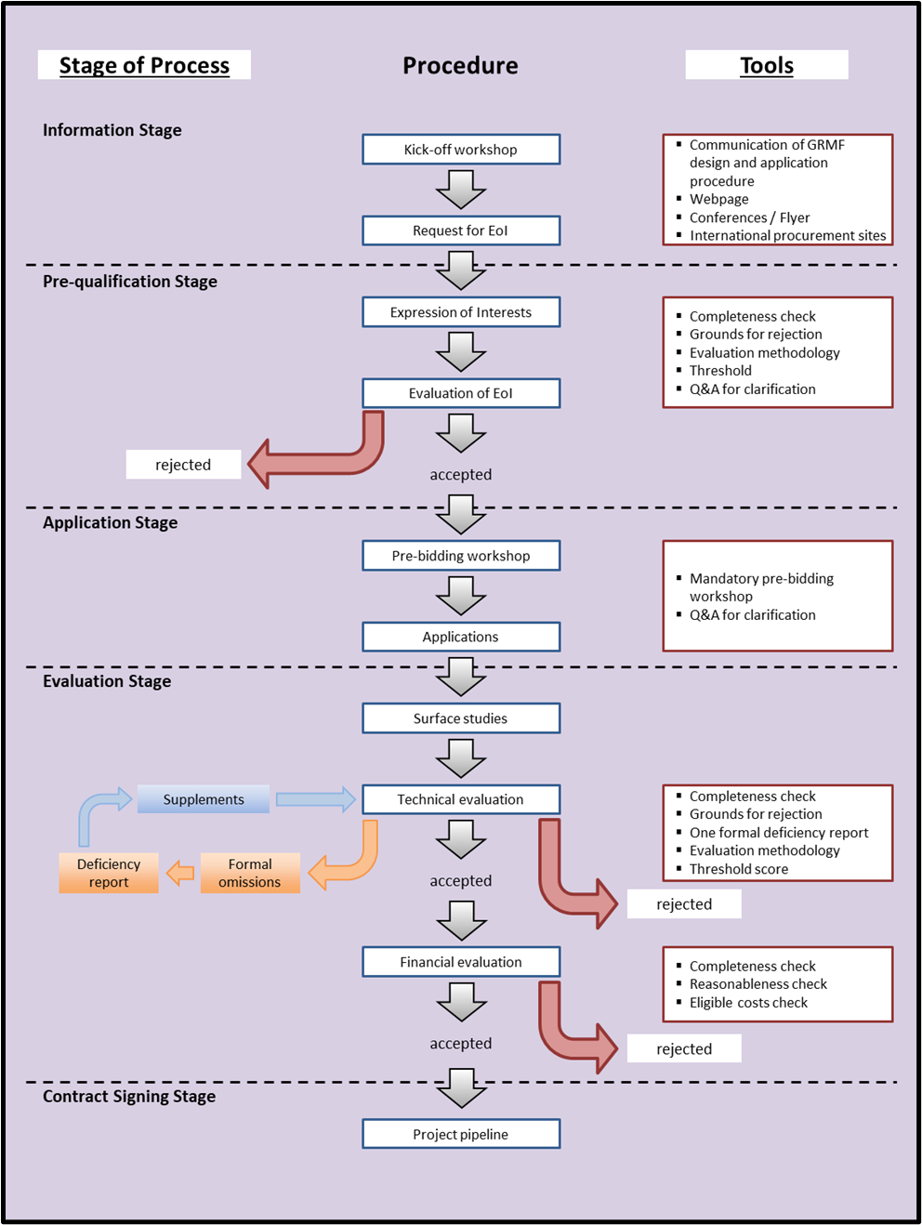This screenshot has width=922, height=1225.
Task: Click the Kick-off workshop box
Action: pos(461,150)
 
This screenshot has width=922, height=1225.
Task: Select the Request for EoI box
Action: pos(461,231)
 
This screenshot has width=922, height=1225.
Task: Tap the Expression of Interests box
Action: pos(461,312)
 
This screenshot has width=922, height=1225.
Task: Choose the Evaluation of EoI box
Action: pos(461,393)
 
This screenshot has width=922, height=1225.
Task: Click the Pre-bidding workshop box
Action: pos(461,556)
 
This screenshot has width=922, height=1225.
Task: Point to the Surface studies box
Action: pos(461,718)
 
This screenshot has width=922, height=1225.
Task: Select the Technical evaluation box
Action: pos(461,799)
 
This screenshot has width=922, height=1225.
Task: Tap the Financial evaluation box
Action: pos(461,962)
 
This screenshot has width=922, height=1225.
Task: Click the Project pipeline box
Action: pos(461,1134)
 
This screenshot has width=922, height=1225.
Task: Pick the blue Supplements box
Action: pos(204,799)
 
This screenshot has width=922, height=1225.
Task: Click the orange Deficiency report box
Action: pos(109,873)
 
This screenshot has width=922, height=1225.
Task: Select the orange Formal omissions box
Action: pos(250,873)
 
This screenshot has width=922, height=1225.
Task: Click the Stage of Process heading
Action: pos(144,65)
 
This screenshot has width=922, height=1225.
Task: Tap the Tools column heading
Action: pos(767,65)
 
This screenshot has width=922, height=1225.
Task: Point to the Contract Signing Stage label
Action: pos(129,1096)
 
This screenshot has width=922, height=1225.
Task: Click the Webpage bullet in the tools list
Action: pos(718,199)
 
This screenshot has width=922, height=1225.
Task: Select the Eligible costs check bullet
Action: pos(748,1002)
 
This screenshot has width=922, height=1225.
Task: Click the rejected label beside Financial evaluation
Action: pos(684,1048)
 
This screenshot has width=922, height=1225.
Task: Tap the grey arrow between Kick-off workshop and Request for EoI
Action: pos(461,191)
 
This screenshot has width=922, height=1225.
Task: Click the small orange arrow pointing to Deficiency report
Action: pos(180,873)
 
